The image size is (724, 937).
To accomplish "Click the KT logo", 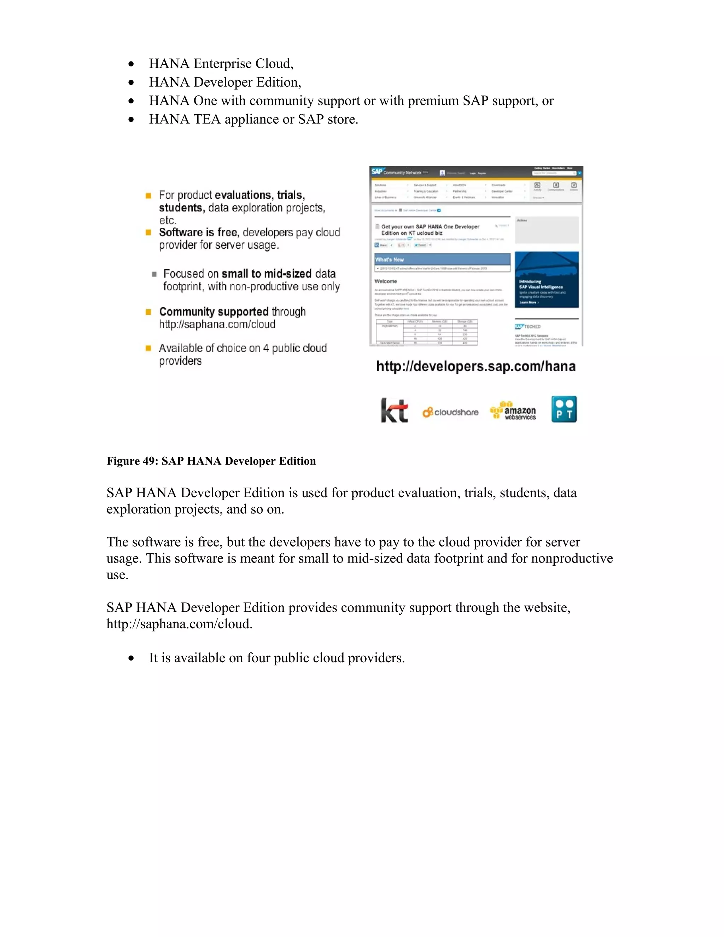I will [x=394, y=411].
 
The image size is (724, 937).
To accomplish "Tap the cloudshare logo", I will [x=450, y=412].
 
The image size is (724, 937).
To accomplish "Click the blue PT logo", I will [x=564, y=409].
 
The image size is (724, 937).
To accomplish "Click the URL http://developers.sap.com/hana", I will [x=476, y=366].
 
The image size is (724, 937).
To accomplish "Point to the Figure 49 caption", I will [x=211, y=461].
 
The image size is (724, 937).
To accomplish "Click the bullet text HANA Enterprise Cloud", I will [x=221, y=64].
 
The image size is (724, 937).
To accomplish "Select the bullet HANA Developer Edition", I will [x=225, y=82].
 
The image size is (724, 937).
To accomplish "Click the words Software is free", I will [x=199, y=233].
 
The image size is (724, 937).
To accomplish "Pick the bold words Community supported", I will [x=214, y=312].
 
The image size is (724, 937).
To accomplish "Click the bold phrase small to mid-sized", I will [x=266, y=274].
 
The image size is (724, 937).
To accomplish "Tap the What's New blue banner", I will [x=442, y=260].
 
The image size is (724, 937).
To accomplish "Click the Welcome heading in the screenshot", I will [x=386, y=281].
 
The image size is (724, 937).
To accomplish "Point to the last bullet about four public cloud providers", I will [x=277, y=658].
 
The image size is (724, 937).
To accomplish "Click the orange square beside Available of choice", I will [x=148, y=348].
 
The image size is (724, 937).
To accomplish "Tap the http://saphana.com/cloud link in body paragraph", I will [x=179, y=624].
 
